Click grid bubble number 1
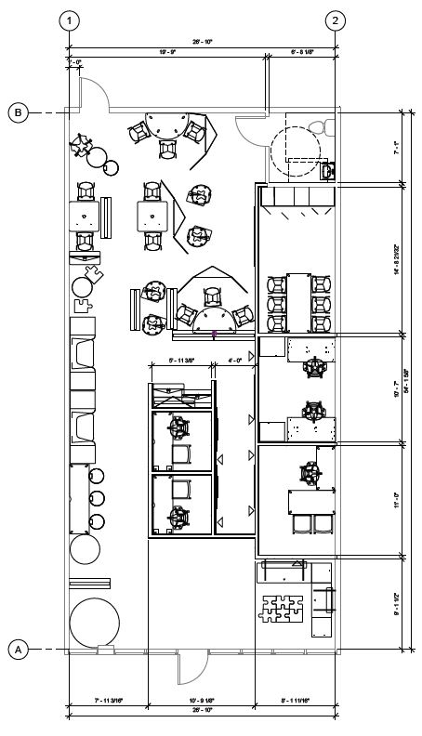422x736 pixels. pos(70,20)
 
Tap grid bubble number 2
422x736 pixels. pos(336,20)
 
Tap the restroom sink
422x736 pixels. pos(326,170)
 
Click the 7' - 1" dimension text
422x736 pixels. pos(397,147)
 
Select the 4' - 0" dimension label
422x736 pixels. pos(235,359)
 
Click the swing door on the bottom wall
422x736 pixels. pos(193,667)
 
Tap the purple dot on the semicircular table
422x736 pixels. pos(214,331)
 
